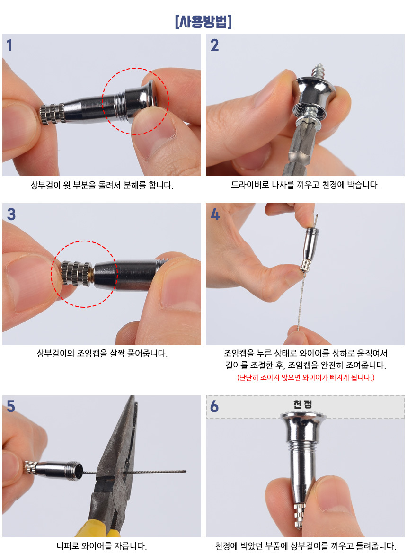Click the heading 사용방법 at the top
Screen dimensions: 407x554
203,22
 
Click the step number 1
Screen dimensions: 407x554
9,45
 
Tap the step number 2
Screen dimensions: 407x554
214,45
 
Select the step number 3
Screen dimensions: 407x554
11,214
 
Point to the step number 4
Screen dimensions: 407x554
215,214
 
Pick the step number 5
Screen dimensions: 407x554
11,406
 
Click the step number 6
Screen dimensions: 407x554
214,406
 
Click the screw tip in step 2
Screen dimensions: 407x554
320,65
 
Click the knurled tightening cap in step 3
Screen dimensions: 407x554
76,274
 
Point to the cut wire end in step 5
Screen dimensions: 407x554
186,471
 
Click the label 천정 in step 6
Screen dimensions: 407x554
302,404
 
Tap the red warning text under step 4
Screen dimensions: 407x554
306,377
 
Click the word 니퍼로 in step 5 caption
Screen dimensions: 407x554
68,546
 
